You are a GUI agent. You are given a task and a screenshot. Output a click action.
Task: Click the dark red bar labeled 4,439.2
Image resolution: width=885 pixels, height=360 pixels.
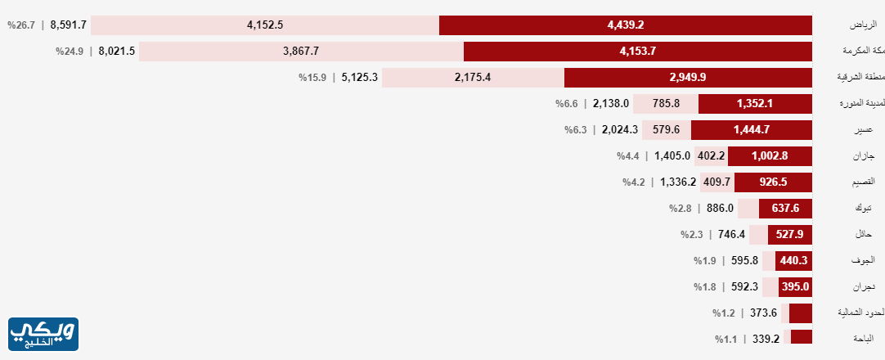(x=626, y=25)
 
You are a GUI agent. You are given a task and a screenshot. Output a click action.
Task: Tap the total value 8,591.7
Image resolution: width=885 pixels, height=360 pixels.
(x=69, y=25)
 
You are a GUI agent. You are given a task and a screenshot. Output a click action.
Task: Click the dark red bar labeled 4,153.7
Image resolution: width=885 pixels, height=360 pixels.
(x=638, y=52)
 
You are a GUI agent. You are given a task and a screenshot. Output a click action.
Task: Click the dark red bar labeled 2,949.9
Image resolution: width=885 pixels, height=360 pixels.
(x=688, y=78)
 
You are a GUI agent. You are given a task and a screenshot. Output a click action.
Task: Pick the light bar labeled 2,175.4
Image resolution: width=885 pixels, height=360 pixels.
(x=473, y=78)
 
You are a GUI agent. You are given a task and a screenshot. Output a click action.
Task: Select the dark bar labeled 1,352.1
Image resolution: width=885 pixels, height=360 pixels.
(x=755, y=104)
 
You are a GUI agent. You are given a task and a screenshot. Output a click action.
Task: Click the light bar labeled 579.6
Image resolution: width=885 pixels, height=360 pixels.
(x=667, y=129)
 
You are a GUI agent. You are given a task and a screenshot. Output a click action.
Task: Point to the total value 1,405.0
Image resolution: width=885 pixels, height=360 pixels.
(x=673, y=155)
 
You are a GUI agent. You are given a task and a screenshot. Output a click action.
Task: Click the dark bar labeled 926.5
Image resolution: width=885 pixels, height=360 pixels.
(x=773, y=182)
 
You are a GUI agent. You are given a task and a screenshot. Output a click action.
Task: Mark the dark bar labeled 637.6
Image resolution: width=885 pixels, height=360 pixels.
(x=785, y=208)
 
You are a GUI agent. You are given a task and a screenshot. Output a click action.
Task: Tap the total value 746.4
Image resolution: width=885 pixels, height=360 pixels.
(x=732, y=235)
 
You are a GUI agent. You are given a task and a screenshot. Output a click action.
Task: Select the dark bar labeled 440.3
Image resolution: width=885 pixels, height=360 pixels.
(x=793, y=261)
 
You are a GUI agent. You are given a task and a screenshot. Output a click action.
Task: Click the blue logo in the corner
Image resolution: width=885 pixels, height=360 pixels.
(x=43, y=335)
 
